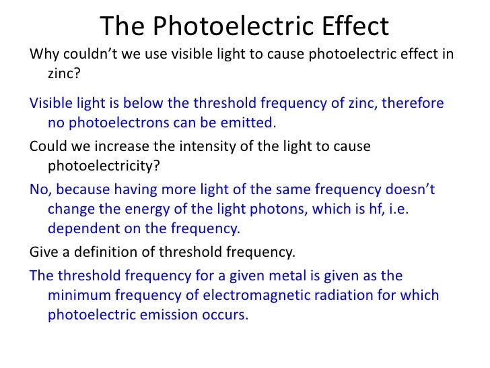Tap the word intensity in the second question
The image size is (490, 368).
(198, 146)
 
